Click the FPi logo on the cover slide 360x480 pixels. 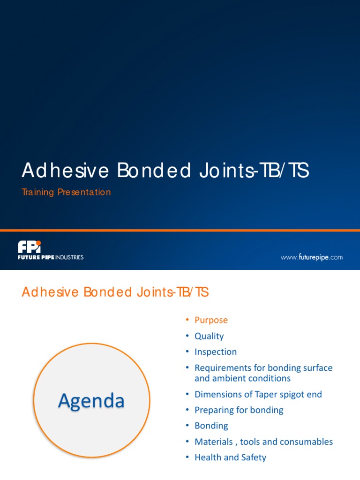29,247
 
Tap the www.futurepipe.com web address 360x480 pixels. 311,257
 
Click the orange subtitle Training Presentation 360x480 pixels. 66,192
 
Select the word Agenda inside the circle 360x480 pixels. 91,401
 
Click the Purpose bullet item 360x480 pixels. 211,320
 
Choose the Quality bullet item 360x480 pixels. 209,336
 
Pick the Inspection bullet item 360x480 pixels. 216,352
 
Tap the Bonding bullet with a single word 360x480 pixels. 211,426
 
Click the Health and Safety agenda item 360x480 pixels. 230,457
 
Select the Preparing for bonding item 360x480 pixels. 239,410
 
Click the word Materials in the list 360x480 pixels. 214,442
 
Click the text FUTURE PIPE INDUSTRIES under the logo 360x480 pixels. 51,257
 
